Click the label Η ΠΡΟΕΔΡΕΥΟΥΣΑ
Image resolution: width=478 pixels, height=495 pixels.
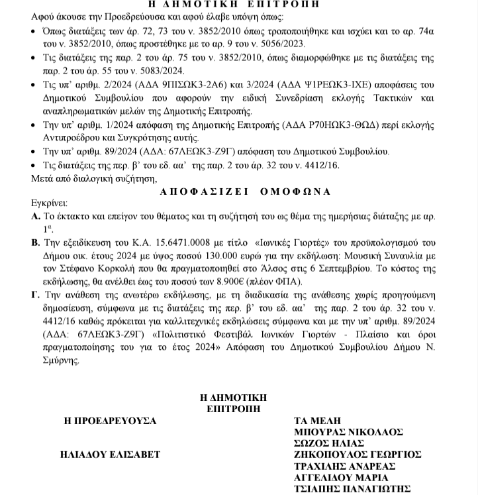click(x=109, y=420)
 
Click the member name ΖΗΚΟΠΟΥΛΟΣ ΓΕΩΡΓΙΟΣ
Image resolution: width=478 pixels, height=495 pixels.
click(x=358, y=454)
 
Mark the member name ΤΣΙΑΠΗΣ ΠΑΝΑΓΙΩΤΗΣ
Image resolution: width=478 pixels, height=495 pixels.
click(x=352, y=489)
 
